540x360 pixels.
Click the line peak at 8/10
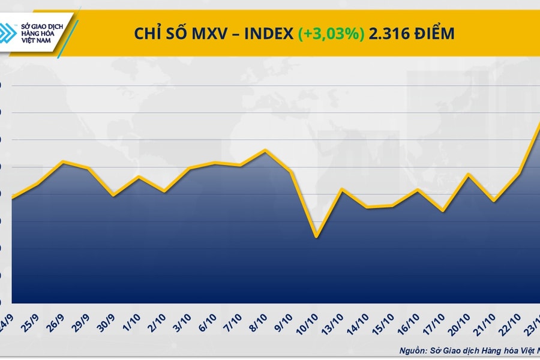tap(265, 150)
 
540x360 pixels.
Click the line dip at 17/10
tap(443, 211)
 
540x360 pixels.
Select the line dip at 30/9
tap(113, 195)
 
